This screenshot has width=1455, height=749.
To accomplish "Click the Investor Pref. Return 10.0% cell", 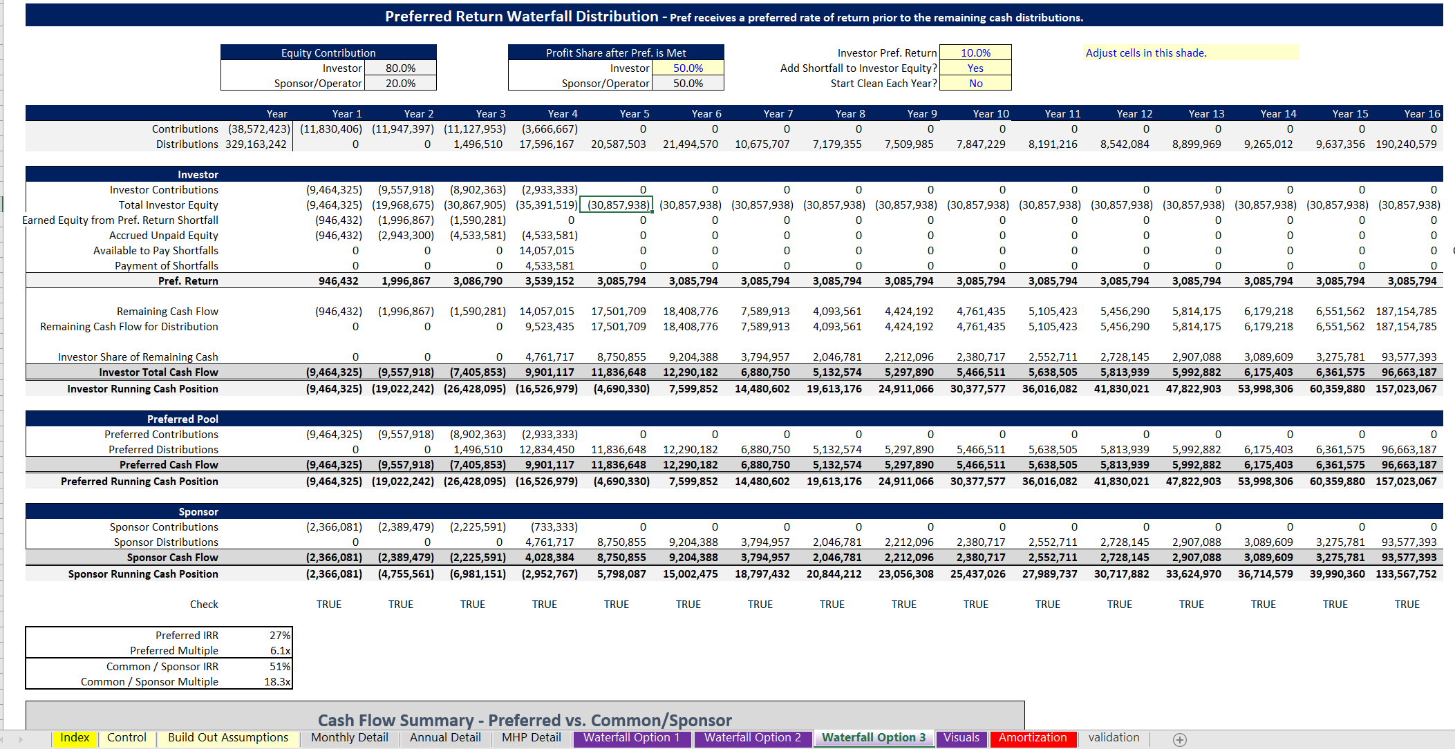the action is click(975, 53).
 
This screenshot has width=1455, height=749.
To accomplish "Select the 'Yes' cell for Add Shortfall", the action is click(975, 68).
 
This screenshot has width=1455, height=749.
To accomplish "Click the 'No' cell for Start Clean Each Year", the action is click(975, 83).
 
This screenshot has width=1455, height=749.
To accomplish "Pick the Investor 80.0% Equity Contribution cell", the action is click(400, 68).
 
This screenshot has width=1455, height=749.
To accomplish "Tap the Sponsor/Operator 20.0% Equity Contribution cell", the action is click(400, 83).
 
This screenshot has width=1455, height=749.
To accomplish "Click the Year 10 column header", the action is click(991, 113).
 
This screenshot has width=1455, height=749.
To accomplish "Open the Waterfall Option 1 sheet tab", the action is click(631, 738).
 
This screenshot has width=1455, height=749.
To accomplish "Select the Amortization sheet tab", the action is click(1033, 738).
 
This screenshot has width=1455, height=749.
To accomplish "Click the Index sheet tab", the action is click(75, 738).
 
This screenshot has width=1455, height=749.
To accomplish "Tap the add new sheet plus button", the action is click(1180, 739).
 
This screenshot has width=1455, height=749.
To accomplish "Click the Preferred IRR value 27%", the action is click(279, 635).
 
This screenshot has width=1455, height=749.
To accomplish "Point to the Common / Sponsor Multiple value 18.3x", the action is click(277, 681).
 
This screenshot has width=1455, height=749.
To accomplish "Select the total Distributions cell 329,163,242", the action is click(256, 144).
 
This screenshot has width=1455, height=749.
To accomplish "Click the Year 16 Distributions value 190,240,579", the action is click(1406, 144).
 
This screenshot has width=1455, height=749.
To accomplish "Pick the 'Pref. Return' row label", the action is click(188, 281).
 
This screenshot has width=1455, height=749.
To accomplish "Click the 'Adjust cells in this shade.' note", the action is click(1146, 53).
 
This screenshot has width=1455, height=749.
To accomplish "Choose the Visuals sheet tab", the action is click(961, 738).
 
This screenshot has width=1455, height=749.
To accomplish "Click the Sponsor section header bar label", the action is click(198, 511).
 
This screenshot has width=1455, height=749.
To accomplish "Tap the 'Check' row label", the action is click(204, 604).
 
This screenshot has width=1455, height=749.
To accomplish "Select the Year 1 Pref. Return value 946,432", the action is click(338, 281).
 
